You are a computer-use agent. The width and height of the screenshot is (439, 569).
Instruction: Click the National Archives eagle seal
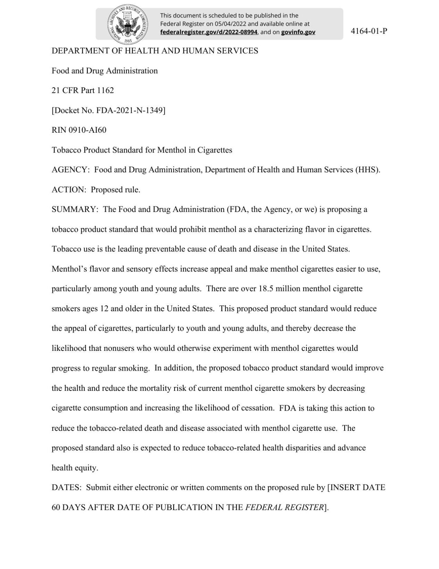127,24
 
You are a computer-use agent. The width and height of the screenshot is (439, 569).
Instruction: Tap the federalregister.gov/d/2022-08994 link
209,32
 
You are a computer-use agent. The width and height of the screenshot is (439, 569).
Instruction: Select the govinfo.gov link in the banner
298,32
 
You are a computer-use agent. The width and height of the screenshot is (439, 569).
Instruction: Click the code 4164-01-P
369,31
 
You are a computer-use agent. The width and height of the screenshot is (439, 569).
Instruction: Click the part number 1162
105,90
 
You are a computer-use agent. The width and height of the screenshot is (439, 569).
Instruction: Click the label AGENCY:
71,170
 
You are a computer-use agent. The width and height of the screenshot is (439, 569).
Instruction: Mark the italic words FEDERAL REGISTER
284,508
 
